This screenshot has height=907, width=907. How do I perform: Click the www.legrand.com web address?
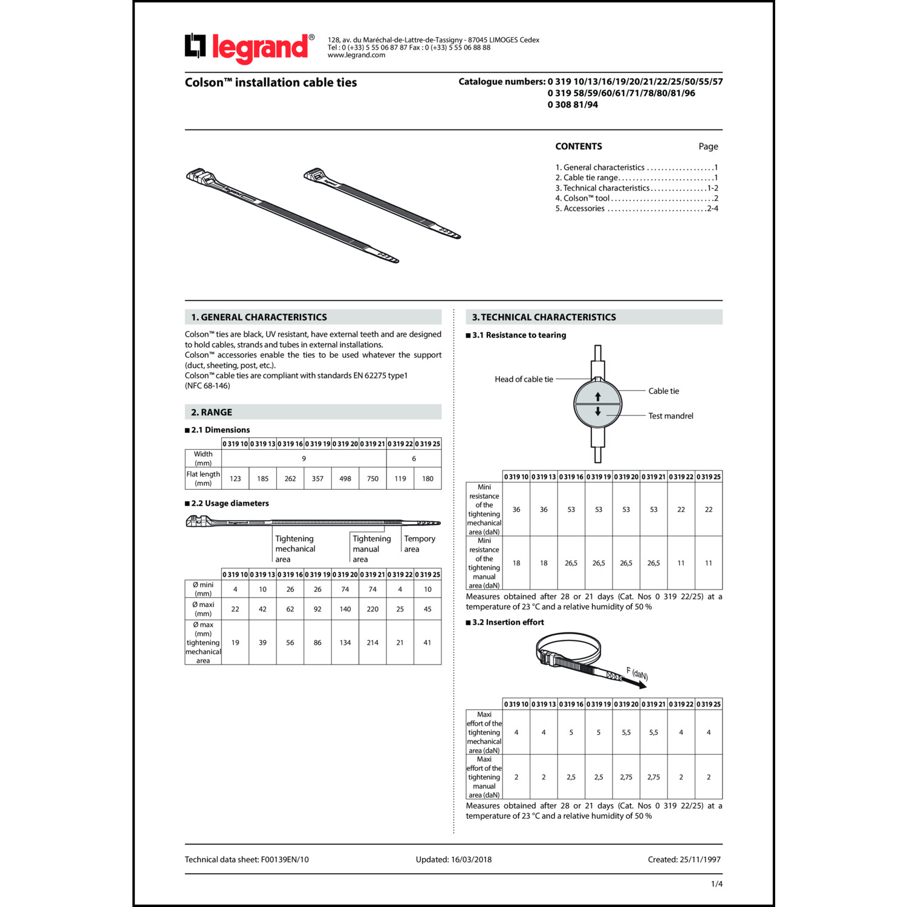coord(356,55)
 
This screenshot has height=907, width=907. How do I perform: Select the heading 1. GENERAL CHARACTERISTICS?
coord(259,317)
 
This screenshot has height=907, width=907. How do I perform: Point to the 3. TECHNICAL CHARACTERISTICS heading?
coord(544,317)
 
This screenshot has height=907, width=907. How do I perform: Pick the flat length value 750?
coord(372,479)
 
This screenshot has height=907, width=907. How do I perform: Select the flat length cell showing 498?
coord(345,479)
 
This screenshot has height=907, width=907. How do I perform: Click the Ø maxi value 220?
coord(372,609)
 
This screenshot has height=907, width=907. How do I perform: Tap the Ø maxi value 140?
coord(345,609)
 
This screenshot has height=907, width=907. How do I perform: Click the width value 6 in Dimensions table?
coord(414,459)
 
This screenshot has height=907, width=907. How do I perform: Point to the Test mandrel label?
coord(671,416)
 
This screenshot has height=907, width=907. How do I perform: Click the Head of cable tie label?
coord(524,379)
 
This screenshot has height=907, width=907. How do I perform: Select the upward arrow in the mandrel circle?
coord(598,397)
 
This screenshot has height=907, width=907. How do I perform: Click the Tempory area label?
coord(419,544)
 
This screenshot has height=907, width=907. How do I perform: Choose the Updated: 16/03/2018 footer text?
coord(453,859)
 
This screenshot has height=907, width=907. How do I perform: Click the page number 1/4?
coord(717,884)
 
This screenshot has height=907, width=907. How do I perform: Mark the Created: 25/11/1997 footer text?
coord(684,859)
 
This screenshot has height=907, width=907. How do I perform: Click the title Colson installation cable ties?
coord(271,83)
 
